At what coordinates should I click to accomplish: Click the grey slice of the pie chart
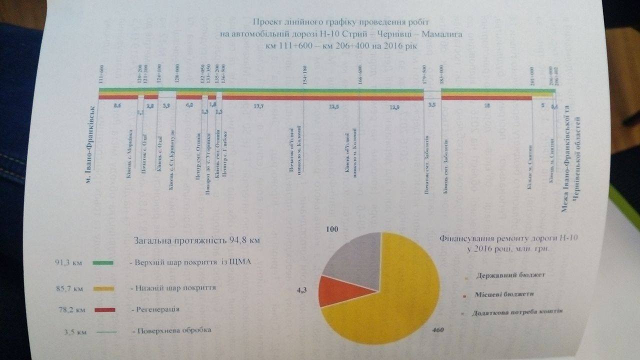(350, 255)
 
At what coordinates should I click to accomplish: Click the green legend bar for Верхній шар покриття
(103, 262)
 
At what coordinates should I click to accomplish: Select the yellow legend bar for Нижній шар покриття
(103, 288)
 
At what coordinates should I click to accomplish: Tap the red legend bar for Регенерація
(103, 310)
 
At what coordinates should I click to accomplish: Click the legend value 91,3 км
(67, 261)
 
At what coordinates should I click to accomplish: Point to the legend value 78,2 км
(70, 310)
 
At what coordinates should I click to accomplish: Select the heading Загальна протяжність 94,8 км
(197, 240)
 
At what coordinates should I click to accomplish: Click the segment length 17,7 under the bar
(258, 106)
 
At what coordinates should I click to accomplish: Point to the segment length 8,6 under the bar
(118, 106)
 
